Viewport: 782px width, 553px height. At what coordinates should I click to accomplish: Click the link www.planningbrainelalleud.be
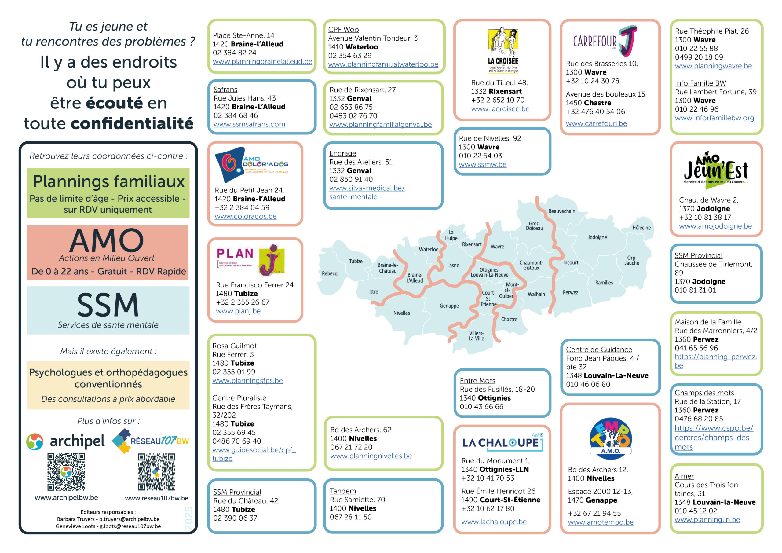point(262,62)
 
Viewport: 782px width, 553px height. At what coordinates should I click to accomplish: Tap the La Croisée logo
point(503,50)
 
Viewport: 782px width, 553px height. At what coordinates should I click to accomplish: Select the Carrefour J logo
point(605,41)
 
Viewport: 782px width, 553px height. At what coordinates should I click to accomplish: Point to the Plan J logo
point(251,260)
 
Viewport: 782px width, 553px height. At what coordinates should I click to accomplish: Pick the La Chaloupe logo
point(503,442)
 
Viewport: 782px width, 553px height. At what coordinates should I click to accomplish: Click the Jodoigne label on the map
point(597,237)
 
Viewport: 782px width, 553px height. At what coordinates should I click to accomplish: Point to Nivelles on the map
point(402,313)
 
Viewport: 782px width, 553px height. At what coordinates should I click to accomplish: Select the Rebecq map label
point(329,274)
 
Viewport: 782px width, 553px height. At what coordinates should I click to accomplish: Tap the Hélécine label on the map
point(641,228)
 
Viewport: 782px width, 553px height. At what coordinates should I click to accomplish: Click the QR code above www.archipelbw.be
point(66,472)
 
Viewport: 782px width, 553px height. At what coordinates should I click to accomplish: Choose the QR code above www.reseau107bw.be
point(156,472)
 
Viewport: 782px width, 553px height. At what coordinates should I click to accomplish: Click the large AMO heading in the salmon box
point(107,240)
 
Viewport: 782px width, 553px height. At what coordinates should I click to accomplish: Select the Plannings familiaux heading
point(109,181)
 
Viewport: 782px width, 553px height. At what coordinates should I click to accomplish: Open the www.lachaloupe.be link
point(494,522)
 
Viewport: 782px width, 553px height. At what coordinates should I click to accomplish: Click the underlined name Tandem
point(343,491)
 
